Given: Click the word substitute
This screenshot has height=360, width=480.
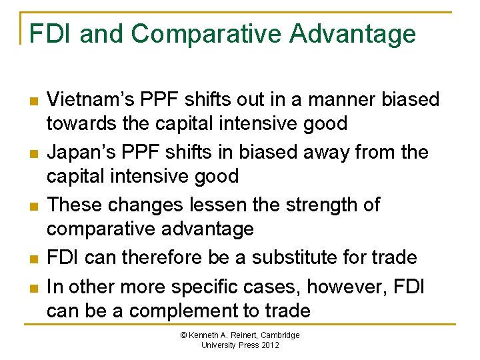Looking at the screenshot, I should tap(283, 257).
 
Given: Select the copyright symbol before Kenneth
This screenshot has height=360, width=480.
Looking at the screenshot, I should tap(185, 335).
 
